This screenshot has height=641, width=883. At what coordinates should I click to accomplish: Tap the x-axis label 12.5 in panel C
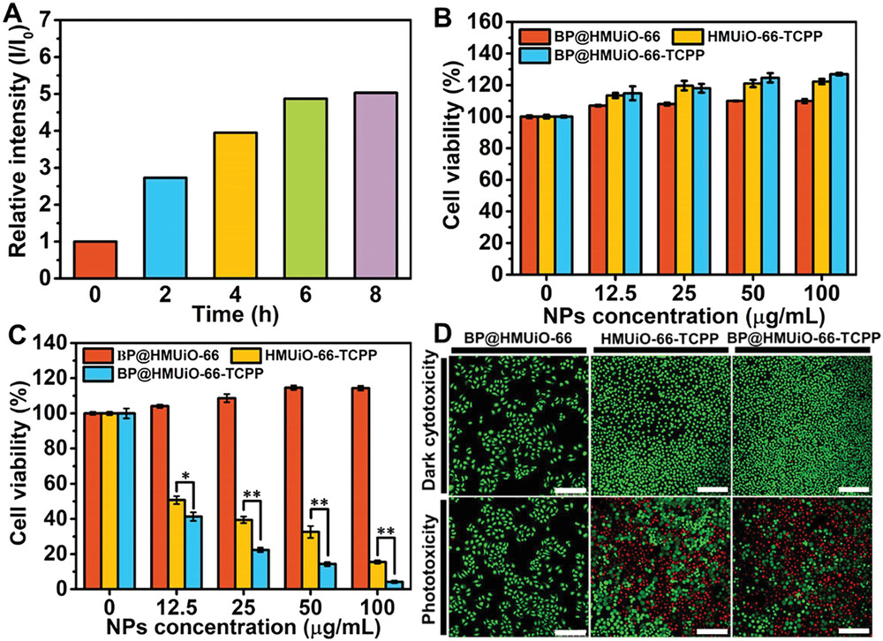tap(176, 608)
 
